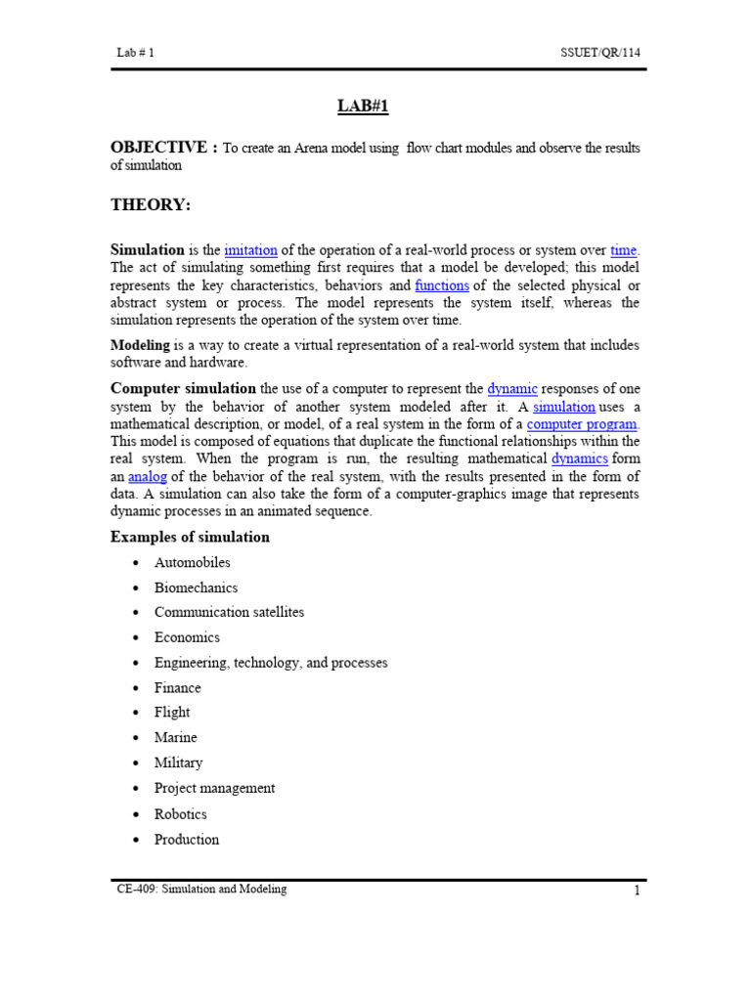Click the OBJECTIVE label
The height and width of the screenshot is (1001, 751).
(x=163, y=148)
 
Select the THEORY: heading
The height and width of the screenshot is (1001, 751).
(x=151, y=204)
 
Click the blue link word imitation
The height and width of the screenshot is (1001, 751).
(x=250, y=250)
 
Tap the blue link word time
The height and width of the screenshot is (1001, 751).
(x=623, y=250)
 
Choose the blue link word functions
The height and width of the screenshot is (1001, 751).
(x=442, y=285)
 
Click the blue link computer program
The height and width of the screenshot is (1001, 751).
(x=582, y=424)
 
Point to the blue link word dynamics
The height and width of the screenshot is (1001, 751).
(x=580, y=459)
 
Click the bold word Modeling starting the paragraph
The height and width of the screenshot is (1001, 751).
(x=140, y=345)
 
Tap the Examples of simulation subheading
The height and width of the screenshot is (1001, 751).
(x=190, y=538)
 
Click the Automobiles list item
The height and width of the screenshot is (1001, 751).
(x=193, y=563)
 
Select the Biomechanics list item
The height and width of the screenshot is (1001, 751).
(x=196, y=588)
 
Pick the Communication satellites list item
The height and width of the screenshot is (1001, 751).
(x=229, y=613)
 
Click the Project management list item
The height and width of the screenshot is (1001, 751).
(x=214, y=788)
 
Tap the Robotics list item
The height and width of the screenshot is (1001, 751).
(x=181, y=814)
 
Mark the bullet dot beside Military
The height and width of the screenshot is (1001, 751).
(x=134, y=763)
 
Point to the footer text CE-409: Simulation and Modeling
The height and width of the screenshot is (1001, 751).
(x=201, y=890)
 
